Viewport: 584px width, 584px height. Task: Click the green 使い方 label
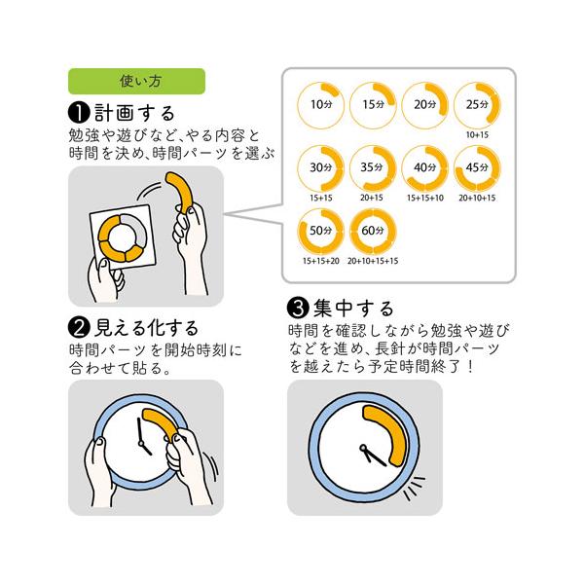click(136, 81)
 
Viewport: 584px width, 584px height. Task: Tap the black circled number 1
click(79, 113)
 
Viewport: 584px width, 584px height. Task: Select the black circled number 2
click(79, 328)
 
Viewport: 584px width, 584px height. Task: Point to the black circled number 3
click(298, 309)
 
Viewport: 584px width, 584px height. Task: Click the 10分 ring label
click(321, 105)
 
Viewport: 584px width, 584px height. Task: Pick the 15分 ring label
click(374, 105)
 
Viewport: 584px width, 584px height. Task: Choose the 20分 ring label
click(425, 105)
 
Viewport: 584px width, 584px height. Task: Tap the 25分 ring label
click(477, 105)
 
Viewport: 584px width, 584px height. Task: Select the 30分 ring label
click(321, 167)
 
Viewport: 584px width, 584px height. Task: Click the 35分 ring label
click(372, 167)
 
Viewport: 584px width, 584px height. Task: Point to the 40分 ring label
click(425, 167)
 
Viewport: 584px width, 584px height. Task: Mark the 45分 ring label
click(477, 167)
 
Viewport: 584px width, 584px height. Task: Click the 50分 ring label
click(321, 231)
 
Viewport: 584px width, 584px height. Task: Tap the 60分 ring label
click(373, 231)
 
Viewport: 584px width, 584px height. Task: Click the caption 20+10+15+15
click(373, 261)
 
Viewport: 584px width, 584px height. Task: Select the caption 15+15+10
click(425, 198)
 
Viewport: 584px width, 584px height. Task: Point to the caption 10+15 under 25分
click(477, 135)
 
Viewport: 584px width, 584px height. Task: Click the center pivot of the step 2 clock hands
click(141, 443)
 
